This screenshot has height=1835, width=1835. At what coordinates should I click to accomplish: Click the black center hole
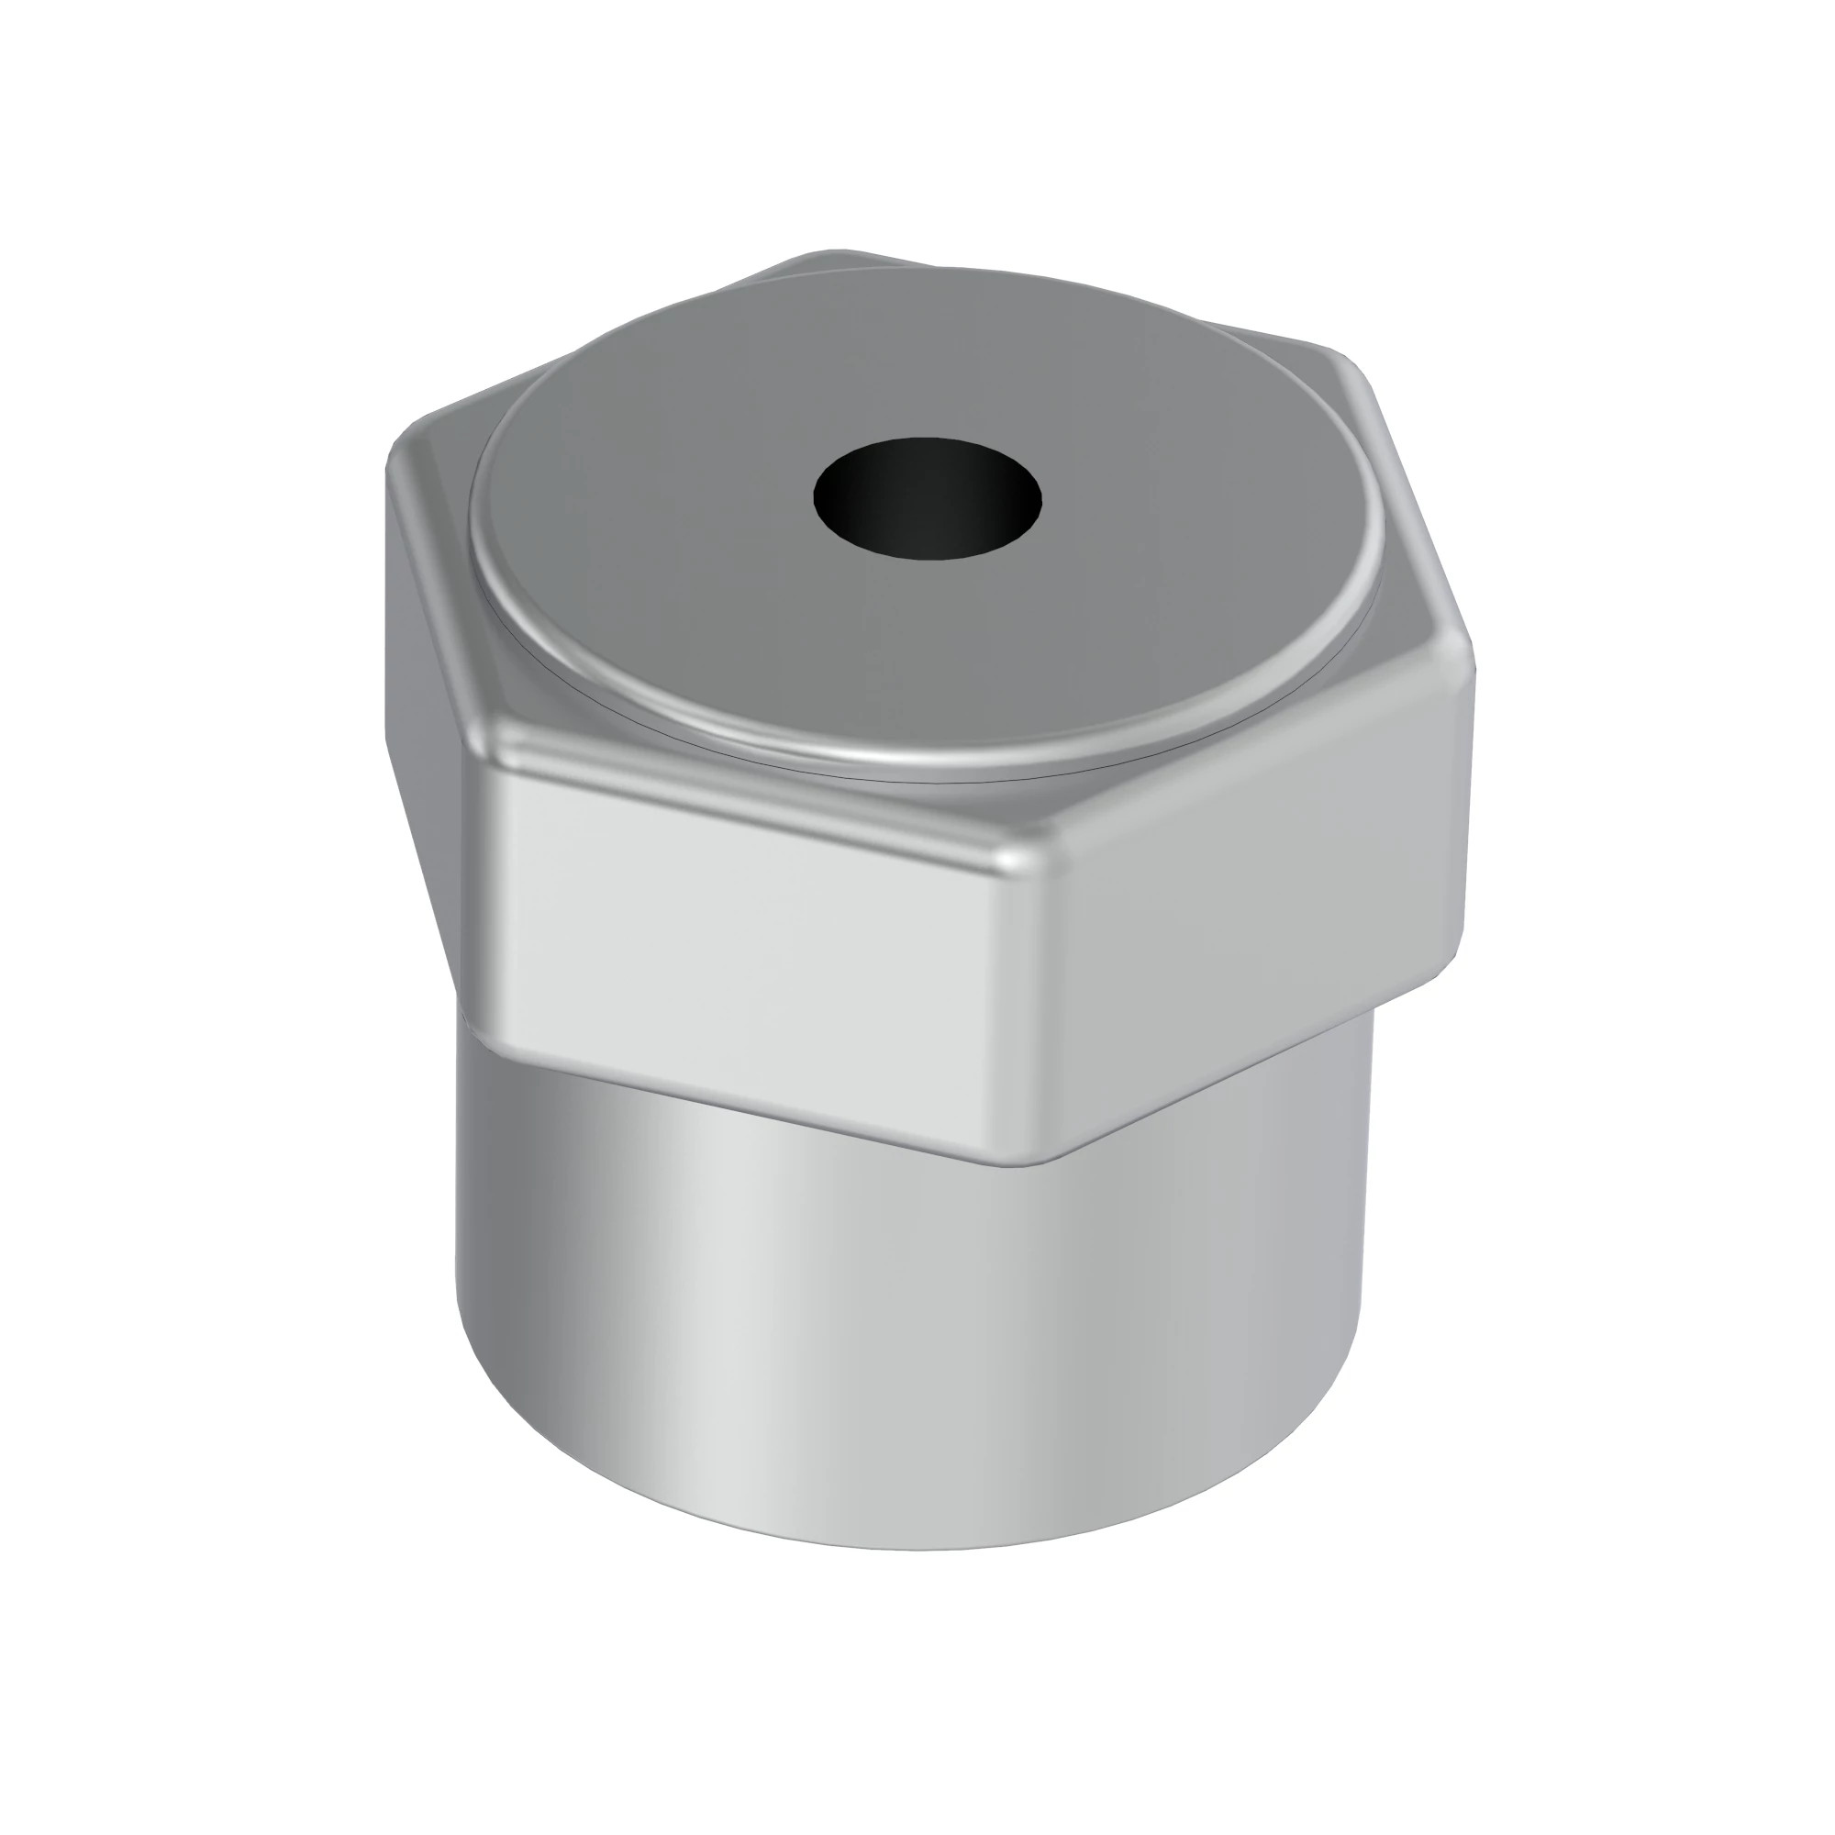coord(927,496)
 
